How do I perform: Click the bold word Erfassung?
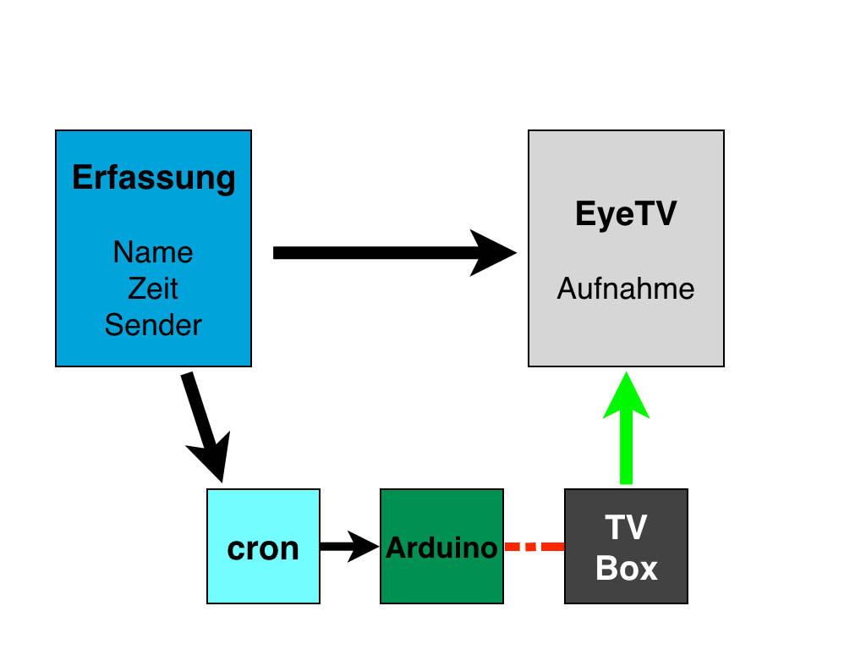[x=153, y=178]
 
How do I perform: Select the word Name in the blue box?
[x=153, y=252]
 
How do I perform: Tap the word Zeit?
[x=153, y=289]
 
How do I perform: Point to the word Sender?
[x=153, y=324]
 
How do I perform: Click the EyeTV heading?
[x=626, y=214]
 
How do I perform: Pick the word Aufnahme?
[x=626, y=289]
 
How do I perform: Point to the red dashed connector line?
[x=534, y=547]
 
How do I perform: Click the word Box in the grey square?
[x=626, y=568]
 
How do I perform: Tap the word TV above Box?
[x=626, y=528]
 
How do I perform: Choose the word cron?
[x=263, y=548]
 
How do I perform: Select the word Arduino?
[x=441, y=548]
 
